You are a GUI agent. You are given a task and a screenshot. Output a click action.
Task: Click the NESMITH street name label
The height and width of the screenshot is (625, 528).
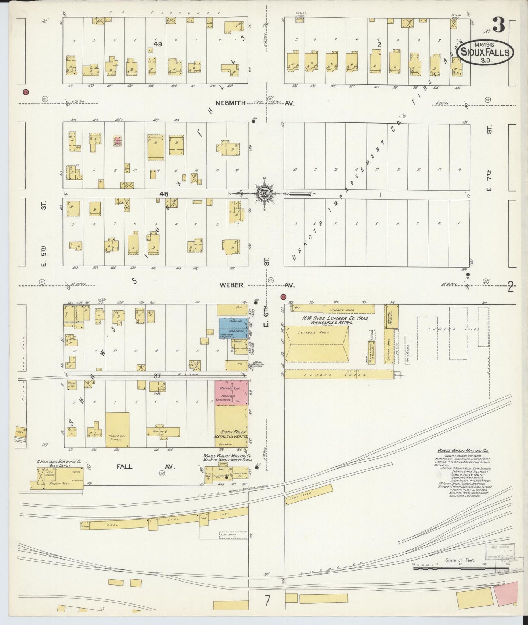(231, 103)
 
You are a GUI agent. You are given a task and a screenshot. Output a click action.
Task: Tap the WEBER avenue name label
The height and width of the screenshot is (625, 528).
(232, 285)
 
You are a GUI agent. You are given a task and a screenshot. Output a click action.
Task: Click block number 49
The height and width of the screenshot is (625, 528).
(158, 44)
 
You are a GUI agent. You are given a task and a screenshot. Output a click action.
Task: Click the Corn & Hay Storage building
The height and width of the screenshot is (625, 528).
(117, 430)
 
